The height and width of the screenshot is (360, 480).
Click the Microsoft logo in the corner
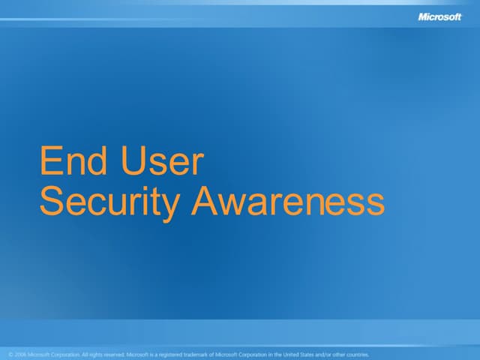tap(439, 16)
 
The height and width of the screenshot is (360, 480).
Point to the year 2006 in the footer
tap(20, 355)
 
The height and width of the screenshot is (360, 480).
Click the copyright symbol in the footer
tap(10, 355)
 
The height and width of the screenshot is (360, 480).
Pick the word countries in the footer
tap(355, 355)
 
